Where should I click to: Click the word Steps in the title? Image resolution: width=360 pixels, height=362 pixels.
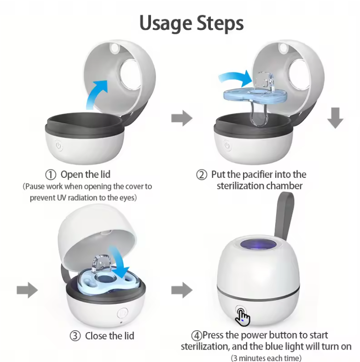(220, 23)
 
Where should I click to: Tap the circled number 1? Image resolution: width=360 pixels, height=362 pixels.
(51, 175)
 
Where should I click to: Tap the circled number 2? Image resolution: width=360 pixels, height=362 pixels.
(202, 175)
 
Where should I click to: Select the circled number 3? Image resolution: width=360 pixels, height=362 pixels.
(75, 336)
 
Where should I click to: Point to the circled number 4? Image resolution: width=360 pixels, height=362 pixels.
(197, 335)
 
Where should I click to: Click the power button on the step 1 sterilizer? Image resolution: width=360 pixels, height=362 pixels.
(58, 146)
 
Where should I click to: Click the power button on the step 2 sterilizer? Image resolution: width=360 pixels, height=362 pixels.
(227, 146)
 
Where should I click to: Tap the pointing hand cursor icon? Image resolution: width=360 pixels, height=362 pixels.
(242, 317)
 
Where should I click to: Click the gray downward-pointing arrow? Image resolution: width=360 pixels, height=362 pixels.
(335, 118)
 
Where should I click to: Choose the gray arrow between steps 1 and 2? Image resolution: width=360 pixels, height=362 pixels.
(182, 118)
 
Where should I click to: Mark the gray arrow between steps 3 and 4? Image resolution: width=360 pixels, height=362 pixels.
(182, 290)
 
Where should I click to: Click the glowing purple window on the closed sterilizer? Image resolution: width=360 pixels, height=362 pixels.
(258, 245)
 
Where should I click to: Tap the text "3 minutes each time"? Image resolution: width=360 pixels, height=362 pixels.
(266, 358)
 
